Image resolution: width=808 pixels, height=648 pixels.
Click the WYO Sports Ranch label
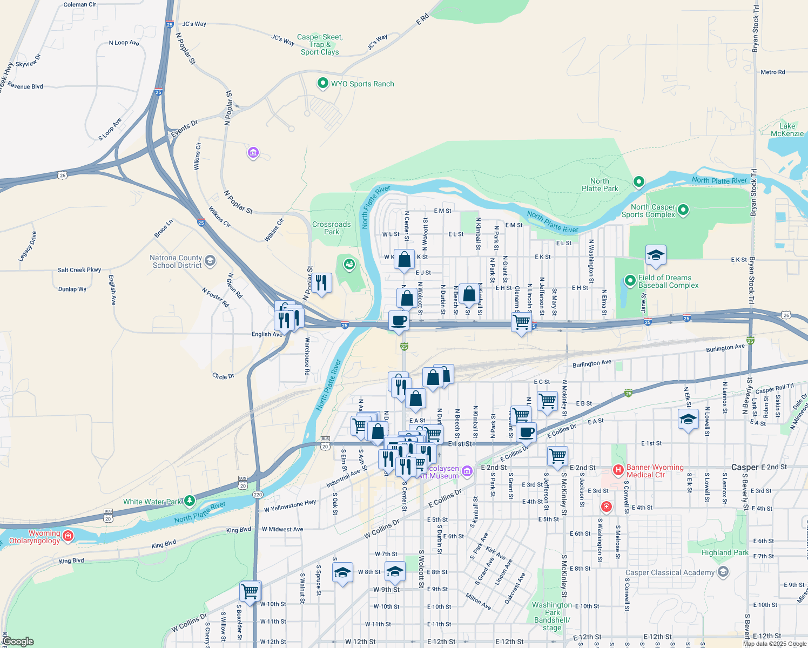(x=362, y=84)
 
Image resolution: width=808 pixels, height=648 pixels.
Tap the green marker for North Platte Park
(x=638, y=182)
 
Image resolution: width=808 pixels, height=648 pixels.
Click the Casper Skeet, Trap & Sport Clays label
(x=320, y=45)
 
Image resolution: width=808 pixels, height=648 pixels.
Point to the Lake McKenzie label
(x=787, y=130)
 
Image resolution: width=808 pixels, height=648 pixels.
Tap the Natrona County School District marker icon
(x=210, y=261)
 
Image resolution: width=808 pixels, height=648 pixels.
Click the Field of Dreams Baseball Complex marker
(x=630, y=280)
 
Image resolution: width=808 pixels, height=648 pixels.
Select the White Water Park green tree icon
(x=189, y=501)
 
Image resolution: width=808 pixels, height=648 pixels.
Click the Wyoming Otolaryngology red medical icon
(x=68, y=536)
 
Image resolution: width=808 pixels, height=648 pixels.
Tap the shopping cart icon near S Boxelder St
(x=250, y=591)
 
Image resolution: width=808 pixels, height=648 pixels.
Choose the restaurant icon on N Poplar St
(x=321, y=282)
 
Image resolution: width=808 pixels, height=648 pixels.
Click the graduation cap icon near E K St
(x=655, y=255)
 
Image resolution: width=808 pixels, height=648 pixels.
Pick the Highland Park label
(x=725, y=552)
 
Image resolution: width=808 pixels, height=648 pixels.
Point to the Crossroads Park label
(x=332, y=228)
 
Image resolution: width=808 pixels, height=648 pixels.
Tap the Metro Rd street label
(x=772, y=72)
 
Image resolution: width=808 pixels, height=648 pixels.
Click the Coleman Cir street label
(x=80, y=4)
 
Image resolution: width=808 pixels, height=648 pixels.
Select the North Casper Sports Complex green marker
(x=683, y=210)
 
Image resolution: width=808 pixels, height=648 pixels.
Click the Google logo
(x=18, y=642)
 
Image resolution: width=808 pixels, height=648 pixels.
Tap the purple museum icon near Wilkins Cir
(x=253, y=153)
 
